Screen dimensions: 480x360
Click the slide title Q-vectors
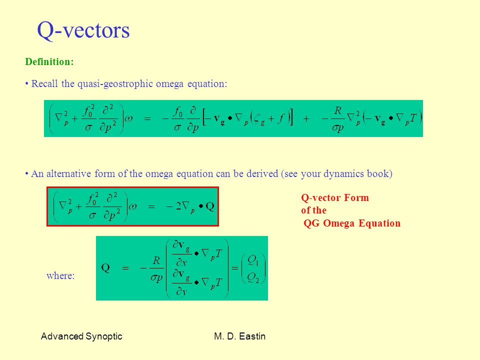click(83, 30)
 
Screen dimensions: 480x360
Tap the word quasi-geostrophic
click(115, 84)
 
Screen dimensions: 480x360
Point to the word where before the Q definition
click(60, 275)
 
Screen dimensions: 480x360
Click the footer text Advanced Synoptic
click(81, 336)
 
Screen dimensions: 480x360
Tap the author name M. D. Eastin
click(239, 336)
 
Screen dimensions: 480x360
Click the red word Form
click(356, 198)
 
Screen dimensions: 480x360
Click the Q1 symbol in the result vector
click(253, 261)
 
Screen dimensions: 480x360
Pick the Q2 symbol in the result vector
click(253, 277)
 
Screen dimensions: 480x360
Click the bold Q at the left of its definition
click(105, 268)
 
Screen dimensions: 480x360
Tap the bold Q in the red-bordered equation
click(210, 206)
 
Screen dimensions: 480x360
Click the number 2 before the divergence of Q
click(178, 206)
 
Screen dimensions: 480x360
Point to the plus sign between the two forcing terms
click(306, 118)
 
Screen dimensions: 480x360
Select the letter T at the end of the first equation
click(413, 118)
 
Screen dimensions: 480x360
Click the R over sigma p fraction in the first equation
click(337, 119)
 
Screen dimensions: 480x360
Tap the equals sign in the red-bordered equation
click(151, 206)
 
